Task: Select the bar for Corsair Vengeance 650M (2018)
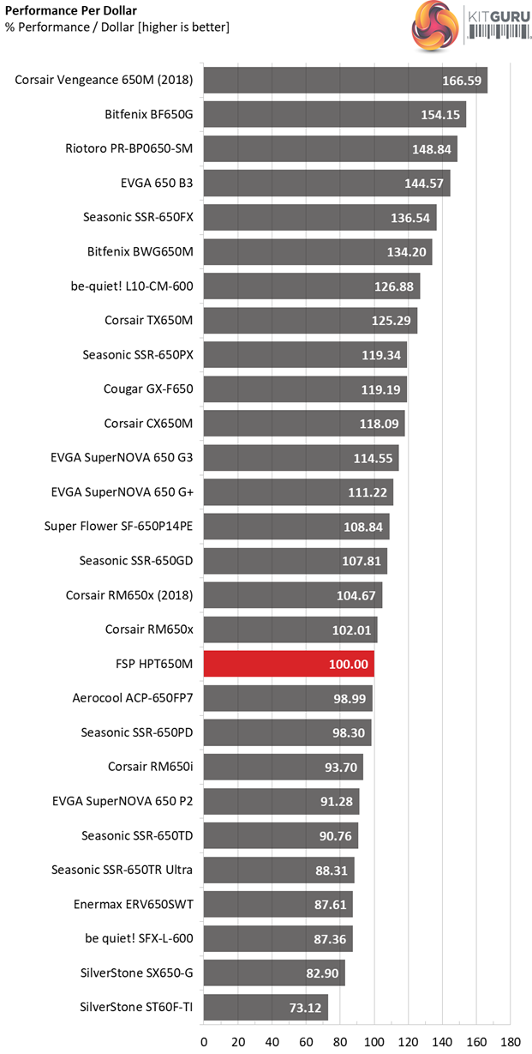coord(345,81)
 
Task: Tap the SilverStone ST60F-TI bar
coord(266,1007)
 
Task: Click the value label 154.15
coord(443,115)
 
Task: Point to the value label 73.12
coord(305,1007)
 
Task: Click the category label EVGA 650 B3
coord(157,183)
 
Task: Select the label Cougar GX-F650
coord(148,388)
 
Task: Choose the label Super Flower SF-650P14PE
coord(118,526)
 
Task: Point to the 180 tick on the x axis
coord(511,1042)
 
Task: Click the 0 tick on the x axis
coord(204,1042)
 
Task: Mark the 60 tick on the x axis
coord(306,1042)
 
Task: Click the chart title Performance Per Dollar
coord(64,11)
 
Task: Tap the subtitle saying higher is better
coord(117,27)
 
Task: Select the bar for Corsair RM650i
coord(283,766)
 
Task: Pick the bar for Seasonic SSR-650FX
coord(320,217)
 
